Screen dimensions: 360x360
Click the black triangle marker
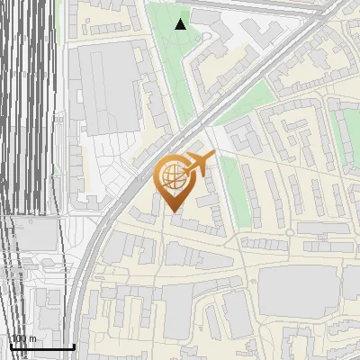pos(181,23)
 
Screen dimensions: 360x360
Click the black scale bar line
pos(41,347)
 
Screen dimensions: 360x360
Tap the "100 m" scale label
pos(23,339)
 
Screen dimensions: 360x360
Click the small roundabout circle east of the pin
pos(290,231)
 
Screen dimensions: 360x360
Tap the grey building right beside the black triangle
pos(205,17)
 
